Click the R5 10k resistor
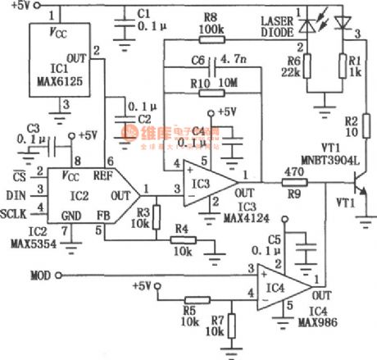click(189, 300)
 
